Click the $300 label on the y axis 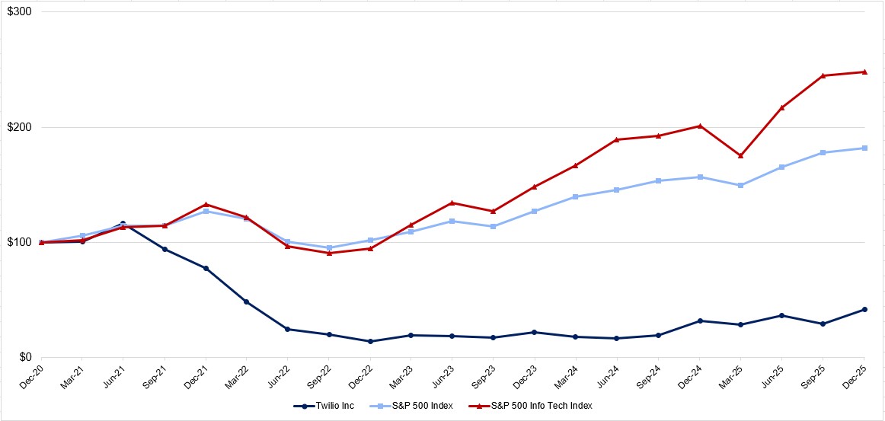(x=20, y=12)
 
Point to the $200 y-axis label (x=20, y=127)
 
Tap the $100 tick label (x=20, y=242)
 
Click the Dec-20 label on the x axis (x=32, y=373)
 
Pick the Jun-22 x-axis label (x=279, y=373)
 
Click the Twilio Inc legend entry (x=324, y=406)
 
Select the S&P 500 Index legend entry (x=415, y=406)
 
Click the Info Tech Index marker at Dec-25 (x=864, y=72)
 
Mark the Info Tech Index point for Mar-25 (x=740, y=155)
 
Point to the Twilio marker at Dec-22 (x=370, y=341)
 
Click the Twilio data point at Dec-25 (x=864, y=309)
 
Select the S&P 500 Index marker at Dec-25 (x=864, y=148)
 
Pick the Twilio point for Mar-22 (x=247, y=301)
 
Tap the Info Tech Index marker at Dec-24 (x=699, y=126)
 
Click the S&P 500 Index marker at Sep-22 (x=329, y=247)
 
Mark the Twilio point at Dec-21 (x=206, y=268)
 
